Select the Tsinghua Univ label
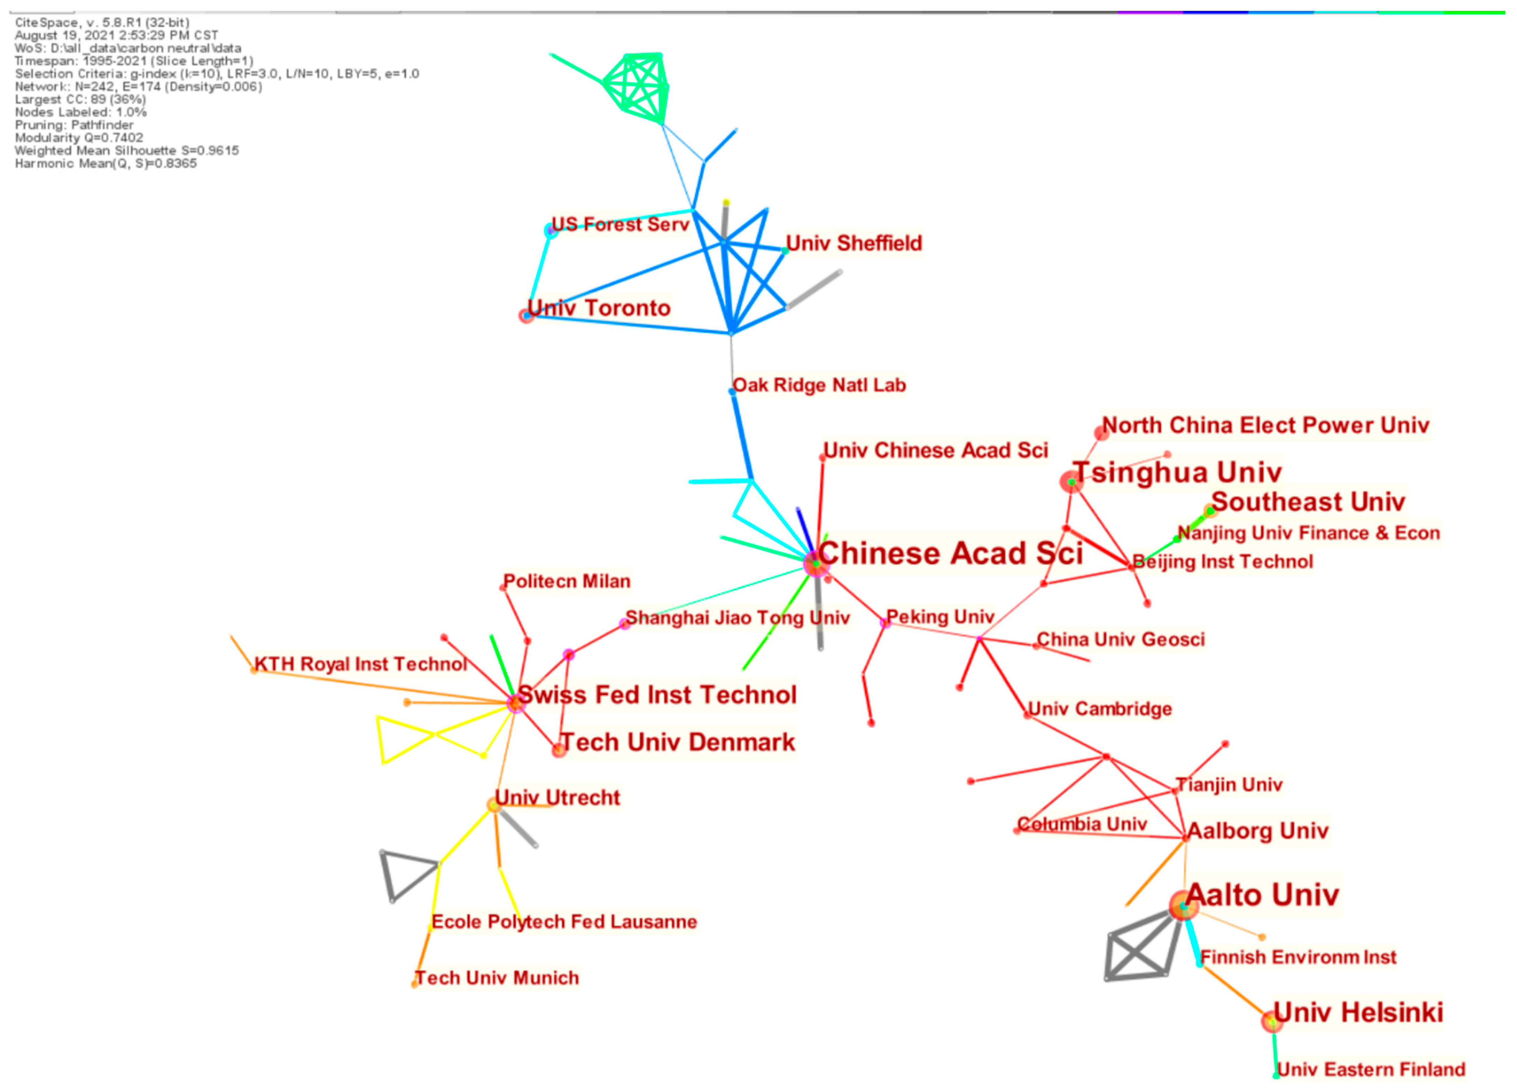coord(1177,473)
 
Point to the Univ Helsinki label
coord(1358,1013)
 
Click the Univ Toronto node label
coord(599,308)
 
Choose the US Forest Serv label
coord(620,225)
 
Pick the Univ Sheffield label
coord(854,244)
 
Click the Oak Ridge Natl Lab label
coord(819,385)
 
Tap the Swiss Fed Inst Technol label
coord(657,695)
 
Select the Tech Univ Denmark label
coord(678,742)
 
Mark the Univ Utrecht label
coord(557,798)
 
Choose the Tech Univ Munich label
coord(497,979)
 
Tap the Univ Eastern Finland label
coord(1371,1070)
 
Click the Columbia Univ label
coord(1082,824)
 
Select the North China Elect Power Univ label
coord(1265,426)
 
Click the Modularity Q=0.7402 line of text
coord(79,138)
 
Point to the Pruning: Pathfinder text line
coord(74,125)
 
